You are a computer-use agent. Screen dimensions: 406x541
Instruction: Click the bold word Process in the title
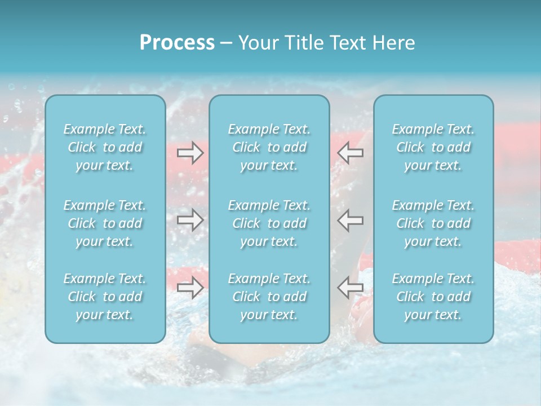click(177, 43)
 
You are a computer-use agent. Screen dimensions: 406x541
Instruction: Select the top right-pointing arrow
click(190, 153)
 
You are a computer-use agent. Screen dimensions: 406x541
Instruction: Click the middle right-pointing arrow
click(190, 220)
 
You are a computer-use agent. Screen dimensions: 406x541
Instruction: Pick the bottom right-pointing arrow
click(190, 288)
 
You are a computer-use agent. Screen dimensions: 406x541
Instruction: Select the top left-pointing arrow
click(350, 153)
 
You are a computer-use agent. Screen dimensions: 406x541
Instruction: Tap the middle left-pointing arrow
click(350, 220)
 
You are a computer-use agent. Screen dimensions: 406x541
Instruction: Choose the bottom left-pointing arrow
click(350, 288)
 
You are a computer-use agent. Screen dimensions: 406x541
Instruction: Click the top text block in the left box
click(105, 147)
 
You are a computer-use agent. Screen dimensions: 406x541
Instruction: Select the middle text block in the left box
click(105, 223)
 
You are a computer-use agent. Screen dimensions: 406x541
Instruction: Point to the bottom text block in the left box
click(105, 297)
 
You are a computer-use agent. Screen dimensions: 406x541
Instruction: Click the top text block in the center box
click(269, 147)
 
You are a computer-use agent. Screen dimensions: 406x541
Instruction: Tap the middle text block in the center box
click(269, 223)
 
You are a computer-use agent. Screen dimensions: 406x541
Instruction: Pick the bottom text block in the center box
click(269, 297)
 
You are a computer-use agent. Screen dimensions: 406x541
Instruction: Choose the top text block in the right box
click(433, 147)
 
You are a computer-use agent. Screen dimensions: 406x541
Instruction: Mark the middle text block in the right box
click(433, 223)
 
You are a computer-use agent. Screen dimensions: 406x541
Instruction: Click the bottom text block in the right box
click(433, 297)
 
